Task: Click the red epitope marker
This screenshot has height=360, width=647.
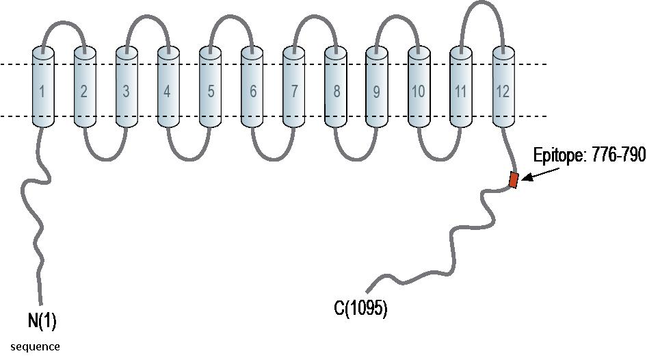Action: (513, 180)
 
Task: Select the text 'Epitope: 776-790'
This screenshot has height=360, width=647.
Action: (589, 156)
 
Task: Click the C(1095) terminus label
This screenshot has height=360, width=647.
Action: (360, 309)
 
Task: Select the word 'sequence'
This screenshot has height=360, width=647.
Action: (35, 346)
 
